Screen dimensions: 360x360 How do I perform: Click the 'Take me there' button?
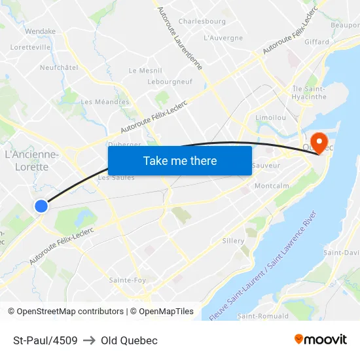click(180, 160)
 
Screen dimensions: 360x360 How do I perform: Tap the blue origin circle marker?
click(41, 206)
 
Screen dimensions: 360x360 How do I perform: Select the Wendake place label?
click(40, 31)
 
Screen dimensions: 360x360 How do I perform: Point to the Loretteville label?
click(31, 47)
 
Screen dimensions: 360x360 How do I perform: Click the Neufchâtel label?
click(59, 67)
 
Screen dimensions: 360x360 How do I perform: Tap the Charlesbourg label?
click(202, 21)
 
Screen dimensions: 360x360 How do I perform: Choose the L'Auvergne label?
click(223, 38)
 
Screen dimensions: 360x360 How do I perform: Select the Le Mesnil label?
click(145, 71)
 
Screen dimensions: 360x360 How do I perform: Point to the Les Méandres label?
click(105, 101)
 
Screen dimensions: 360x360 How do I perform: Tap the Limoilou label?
click(270, 117)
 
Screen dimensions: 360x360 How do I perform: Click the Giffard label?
click(317, 42)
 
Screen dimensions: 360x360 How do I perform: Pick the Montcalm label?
click(272, 186)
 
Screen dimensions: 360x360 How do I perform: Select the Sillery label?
click(233, 241)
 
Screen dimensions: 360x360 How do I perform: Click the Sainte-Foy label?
click(128, 280)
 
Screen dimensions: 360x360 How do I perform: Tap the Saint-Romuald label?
click(262, 316)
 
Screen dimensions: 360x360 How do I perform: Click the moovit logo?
click(321, 340)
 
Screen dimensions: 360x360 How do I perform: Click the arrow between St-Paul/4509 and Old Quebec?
click(89, 340)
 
